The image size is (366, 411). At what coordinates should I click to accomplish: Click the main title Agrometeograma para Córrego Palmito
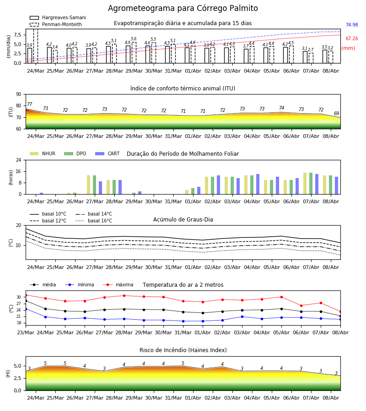pyautogui.click(x=183, y=8)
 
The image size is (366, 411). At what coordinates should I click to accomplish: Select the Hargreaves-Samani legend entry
pyautogui.click(x=58, y=17)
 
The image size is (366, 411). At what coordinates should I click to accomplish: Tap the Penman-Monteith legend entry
pyautogui.click(x=56, y=24)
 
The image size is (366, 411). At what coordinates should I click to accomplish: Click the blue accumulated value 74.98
pyautogui.click(x=352, y=25)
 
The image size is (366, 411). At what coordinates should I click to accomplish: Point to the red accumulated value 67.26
pyautogui.click(x=352, y=38)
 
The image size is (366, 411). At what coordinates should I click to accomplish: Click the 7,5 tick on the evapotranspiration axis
pyautogui.click(x=17, y=35)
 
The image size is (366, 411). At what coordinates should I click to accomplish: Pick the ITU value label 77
pyautogui.click(x=30, y=104)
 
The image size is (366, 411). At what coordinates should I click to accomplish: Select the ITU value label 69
pyautogui.click(x=336, y=113)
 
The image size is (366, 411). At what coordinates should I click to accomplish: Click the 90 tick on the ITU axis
pyautogui.click(x=19, y=95)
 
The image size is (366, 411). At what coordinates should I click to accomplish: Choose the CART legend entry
pyautogui.click(x=108, y=153)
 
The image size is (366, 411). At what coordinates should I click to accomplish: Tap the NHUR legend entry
pyautogui.click(x=43, y=153)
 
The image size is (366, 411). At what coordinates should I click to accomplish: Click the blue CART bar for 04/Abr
pyautogui.click(x=258, y=184)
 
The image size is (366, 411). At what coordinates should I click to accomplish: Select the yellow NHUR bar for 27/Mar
pyautogui.click(x=88, y=185)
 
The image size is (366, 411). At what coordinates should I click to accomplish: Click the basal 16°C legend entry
pyautogui.click(x=94, y=221)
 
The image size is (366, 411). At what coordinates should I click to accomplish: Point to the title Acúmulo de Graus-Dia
pyautogui.click(x=183, y=220)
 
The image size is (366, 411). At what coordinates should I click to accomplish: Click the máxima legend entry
pyautogui.click(x=118, y=285)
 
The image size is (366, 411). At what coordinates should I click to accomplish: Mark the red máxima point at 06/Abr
pyautogui.click(x=301, y=306)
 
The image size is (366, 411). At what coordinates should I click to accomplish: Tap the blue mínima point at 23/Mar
pyautogui.click(x=26, y=309)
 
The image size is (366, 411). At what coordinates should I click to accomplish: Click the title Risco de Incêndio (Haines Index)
pyautogui.click(x=183, y=350)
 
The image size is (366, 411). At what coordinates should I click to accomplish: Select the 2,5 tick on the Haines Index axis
pyautogui.click(x=17, y=379)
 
